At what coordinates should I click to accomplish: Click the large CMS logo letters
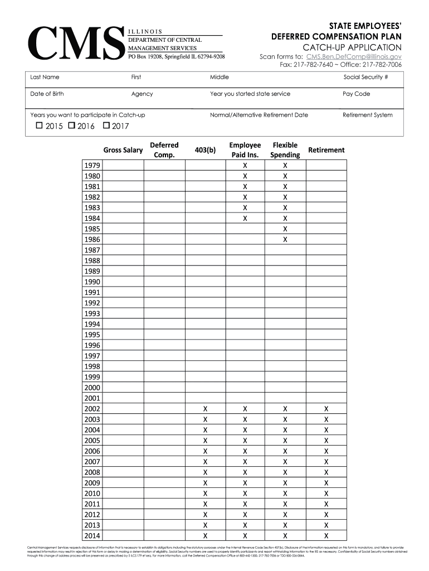pyautogui.click(x=75, y=43)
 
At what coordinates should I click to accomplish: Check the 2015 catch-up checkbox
pyautogui.click(x=39, y=126)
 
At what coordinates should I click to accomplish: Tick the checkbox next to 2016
pyautogui.click(x=71, y=126)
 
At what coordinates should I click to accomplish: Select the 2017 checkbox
pyautogui.click(x=106, y=126)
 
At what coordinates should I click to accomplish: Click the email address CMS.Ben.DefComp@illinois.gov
pyautogui.click(x=354, y=56)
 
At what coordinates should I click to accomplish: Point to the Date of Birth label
pyautogui.click(x=47, y=94)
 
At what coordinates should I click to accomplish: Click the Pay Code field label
pyautogui.click(x=356, y=94)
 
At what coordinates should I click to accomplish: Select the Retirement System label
pyautogui.click(x=367, y=115)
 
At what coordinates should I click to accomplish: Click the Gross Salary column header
pyautogui.click(x=123, y=150)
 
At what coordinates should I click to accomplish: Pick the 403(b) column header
pyautogui.click(x=205, y=150)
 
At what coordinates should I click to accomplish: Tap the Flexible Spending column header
pyautogui.click(x=285, y=150)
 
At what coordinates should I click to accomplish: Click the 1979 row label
pyautogui.click(x=92, y=166)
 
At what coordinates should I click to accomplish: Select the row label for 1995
pyautogui.click(x=92, y=335)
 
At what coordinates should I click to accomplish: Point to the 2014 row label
pyautogui.click(x=92, y=536)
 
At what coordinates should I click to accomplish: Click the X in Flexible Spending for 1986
pyautogui.click(x=285, y=240)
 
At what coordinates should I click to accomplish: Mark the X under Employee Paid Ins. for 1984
pyautogui.click(x=245, y=219)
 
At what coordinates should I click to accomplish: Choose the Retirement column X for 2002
pyautogui.click(x=326, y=409)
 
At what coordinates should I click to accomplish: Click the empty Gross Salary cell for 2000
pyautogui.click(x=123, y=388)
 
